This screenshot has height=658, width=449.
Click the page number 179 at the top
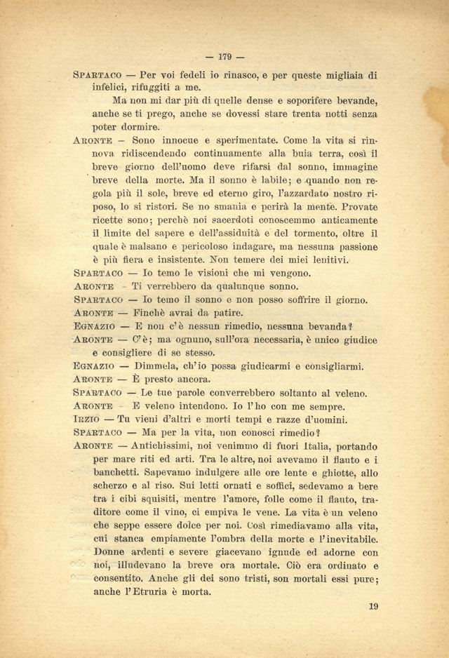point(225,57)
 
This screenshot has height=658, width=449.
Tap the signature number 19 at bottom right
point(373,607)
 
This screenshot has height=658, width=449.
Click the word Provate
point(354,207)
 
